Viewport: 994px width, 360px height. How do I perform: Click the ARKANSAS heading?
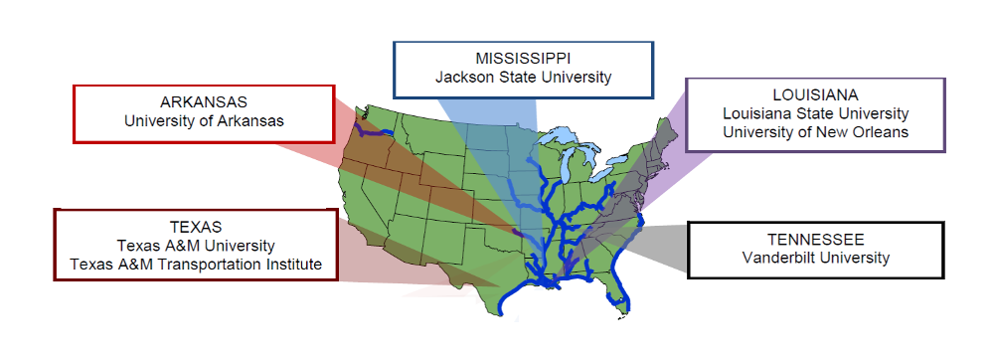[x=204, y=102]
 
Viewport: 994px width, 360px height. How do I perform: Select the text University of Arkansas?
[x=204, y=121]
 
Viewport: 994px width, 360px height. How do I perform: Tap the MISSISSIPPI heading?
[x=523, y=57]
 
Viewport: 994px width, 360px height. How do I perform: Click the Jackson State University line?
[x=523, y=76]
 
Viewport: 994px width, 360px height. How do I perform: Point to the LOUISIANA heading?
[x=815, y=95]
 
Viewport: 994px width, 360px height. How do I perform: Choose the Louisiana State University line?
[x=815, y=113]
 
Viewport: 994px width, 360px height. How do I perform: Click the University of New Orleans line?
[x=815, y=131]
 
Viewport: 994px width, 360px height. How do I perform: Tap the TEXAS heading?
[x=196, y=227]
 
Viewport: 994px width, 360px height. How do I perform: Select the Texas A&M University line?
[x=196, y=245]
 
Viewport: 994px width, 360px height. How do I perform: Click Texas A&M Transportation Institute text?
[x=196, y=264]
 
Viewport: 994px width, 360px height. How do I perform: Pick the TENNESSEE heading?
[x=815, y=240]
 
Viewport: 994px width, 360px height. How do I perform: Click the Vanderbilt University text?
[x=815, y=259]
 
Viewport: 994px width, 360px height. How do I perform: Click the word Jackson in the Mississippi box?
[x=463, y=76]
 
